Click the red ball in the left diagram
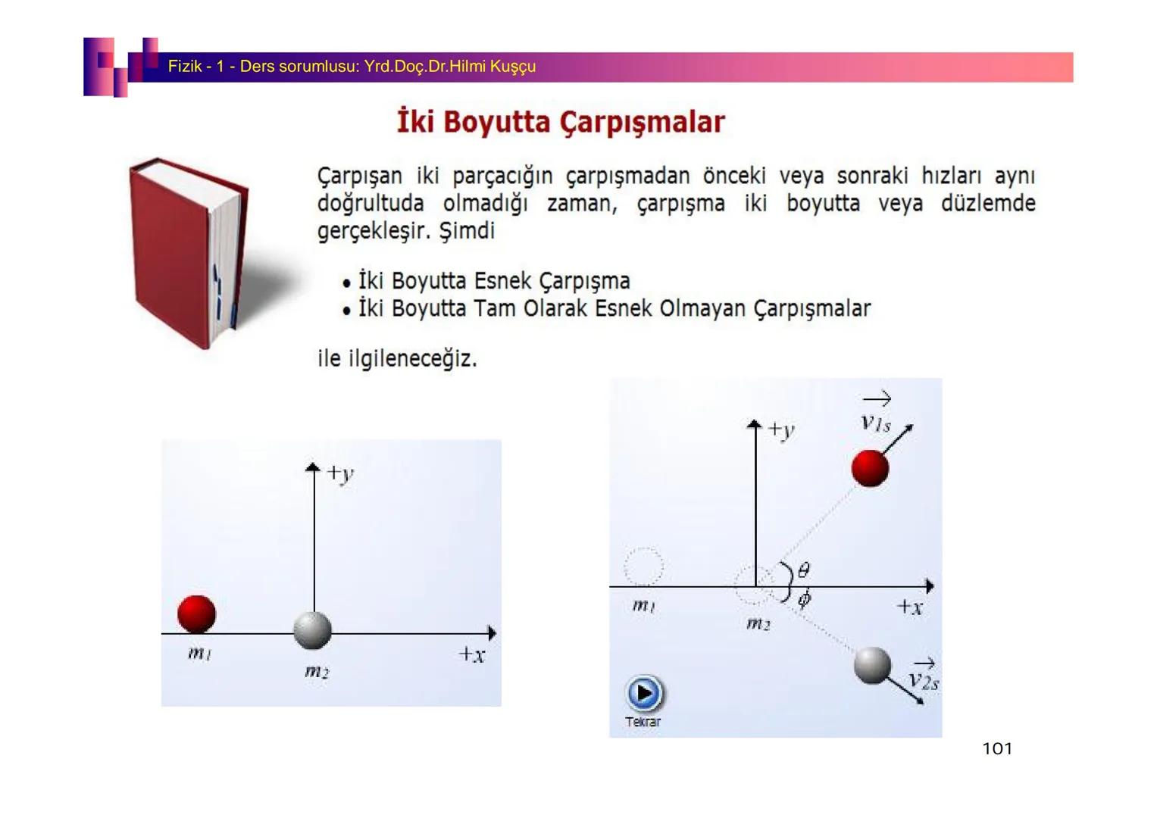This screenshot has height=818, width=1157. coord(196,614)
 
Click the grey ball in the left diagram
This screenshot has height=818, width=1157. coord(312,630)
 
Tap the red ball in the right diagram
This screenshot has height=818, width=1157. coord(870,468)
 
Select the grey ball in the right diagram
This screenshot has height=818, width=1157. coord(872,665)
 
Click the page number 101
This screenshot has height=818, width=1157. coord(997,748)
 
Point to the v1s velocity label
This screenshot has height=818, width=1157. coord(876,417)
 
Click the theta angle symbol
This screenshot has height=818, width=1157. coord(804,570)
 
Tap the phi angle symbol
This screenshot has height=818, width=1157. coord(804,600)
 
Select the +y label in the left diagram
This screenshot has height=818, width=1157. coord(340,473)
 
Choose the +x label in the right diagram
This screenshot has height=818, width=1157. coord(910,607)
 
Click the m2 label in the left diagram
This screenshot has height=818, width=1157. coord(317,672)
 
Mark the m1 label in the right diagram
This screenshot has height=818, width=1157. coord(644,606)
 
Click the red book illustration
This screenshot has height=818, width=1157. coord(189,253)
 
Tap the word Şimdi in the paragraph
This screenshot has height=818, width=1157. coord(467,230)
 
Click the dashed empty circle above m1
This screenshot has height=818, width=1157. coord(643,567)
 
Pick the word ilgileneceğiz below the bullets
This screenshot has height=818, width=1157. coord(412,358)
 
